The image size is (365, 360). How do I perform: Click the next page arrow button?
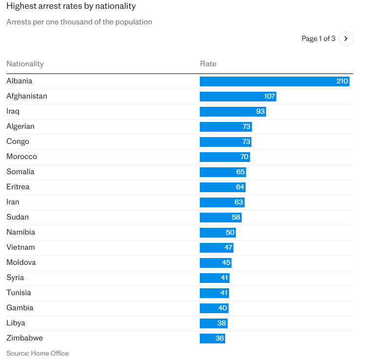(346, 39)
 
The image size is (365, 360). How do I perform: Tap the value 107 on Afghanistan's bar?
(269, 96)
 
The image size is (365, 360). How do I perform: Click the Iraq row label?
(13, 111)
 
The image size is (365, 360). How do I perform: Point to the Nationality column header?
(25, 64)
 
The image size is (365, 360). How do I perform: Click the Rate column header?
(208, 64)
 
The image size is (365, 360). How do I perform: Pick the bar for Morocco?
(224, 157)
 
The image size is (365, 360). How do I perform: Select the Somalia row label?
(20, 172)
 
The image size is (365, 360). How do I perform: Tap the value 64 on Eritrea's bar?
(239, 187)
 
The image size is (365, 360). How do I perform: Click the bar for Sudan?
(220, 217)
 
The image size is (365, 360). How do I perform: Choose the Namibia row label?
(20, 232)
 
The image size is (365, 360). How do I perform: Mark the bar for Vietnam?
(216, 247)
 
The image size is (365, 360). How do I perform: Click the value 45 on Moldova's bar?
(226, 262)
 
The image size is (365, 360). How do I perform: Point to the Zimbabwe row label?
(24, 338)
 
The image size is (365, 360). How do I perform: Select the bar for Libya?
(213, 323)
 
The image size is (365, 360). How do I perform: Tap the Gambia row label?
(20, 308)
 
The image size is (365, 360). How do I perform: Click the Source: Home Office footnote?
(38, 353)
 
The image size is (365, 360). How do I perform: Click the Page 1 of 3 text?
(318, 39)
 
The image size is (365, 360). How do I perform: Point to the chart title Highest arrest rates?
(71, 6)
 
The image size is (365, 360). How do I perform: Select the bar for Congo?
(225, 141)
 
